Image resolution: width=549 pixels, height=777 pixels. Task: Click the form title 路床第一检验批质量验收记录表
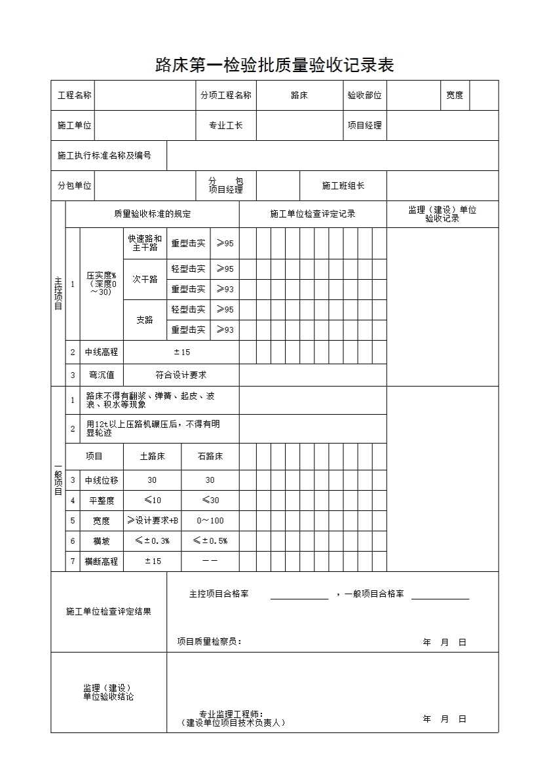click(x=274, y=66)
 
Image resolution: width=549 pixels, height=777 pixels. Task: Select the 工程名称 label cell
click(x=74, y=96)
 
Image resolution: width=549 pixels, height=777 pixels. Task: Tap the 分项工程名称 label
click(x=225, y=96)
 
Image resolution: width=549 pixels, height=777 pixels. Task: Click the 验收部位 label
click(x=364, y=96)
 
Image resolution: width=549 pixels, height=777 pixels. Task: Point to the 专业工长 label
click(x=225, y=126)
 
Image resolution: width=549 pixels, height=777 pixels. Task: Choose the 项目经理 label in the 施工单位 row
click(x=364, y=126)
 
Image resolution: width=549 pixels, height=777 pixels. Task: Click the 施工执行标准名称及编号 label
click(x=104, y=156)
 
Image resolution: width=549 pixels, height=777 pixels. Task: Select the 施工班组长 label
click(x=343, y=186)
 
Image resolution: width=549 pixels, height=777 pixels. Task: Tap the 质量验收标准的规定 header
click(x=152, y=214)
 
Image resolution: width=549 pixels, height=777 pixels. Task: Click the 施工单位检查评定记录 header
click(x=312, y=214)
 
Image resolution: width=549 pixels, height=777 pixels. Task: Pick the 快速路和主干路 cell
click(x=145, y=243)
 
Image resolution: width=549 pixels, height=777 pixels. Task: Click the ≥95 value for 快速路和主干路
click(x=225, y=244)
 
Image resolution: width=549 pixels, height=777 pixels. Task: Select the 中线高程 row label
click(x=102, y=352)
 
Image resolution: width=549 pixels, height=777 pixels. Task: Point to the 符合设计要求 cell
click(x=181, y=375)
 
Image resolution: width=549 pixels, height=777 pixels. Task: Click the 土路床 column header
click(x=152, y=457)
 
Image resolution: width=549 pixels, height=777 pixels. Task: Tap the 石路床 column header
click(x=210, y=457)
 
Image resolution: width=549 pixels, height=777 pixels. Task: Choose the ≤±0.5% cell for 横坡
click(x=210, y=541)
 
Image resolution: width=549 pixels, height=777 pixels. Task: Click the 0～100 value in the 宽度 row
click(x=210, y=521)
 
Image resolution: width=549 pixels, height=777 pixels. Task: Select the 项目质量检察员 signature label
click(x=209, y=642)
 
